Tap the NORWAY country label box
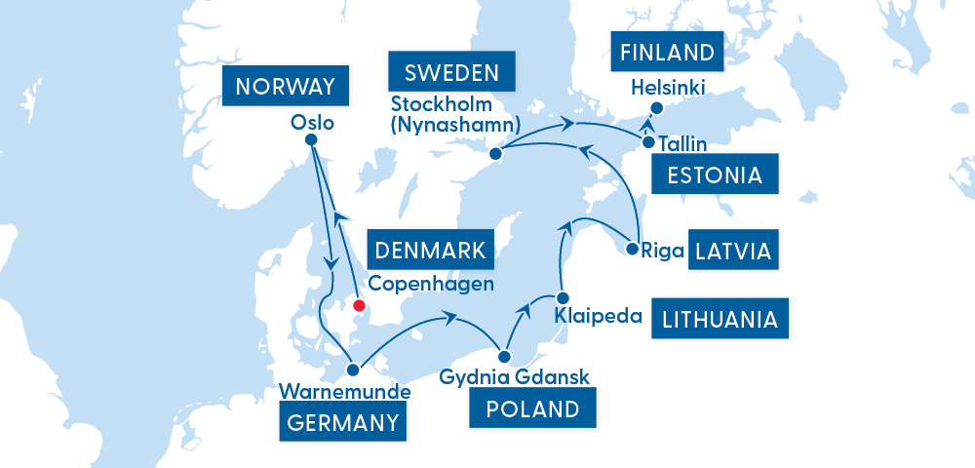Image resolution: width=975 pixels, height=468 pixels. [285, 87]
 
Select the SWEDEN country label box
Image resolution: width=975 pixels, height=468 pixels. [451, 73]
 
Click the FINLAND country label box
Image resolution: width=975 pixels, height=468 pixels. [669, 53]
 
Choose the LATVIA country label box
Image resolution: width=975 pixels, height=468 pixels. [733, 252]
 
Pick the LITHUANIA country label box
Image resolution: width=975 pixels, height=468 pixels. [720, 319]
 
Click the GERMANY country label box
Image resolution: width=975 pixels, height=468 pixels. [343, 422]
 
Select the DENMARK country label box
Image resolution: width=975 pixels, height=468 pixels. [430, 251]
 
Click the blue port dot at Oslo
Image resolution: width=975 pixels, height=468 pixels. [312, 140]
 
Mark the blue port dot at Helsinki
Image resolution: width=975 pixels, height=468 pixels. [656, 108]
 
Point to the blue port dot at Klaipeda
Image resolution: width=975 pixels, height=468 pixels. [562, 297]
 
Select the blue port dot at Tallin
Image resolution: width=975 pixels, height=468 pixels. [648, 142]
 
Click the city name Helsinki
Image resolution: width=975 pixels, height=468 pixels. [668, 88]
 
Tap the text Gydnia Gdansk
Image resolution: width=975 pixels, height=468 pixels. [515, 376]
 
